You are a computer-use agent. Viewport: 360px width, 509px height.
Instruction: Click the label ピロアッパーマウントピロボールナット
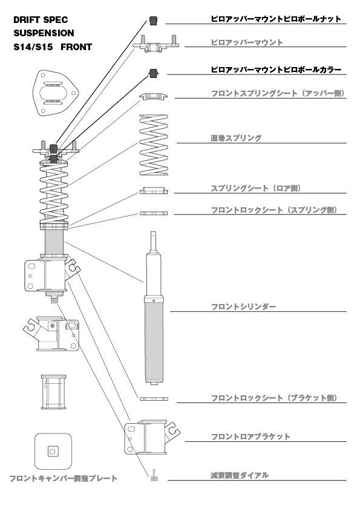[x=276, y=19]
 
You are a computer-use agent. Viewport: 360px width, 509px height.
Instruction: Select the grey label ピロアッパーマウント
[x=247, y=42]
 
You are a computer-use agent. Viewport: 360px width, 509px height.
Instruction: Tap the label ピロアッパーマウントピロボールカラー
[x=276, y=70]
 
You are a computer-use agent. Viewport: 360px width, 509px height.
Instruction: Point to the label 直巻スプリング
[x=236, y=138]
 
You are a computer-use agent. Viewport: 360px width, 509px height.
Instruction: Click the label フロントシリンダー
[x=243, y=306]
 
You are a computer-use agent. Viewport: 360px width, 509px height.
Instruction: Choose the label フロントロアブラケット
[x=250, y=436]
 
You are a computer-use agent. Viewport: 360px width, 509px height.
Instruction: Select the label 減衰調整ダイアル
[x=240, y=476]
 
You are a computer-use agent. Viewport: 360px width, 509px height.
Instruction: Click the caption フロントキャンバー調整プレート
[x=63, y=478]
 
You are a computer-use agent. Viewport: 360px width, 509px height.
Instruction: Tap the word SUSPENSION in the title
[x=44, y=33]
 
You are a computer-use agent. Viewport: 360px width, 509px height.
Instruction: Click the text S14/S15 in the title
[x=33, y=47]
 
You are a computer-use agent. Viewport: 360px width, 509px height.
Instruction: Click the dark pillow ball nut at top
[x=153, y=21]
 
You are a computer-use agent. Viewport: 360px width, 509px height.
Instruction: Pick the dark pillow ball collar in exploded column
[x=153, y=73]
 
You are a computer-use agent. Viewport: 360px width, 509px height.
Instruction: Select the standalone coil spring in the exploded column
[x=154, y=144]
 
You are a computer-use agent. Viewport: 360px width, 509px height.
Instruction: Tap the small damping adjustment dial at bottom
[x=154, y=475]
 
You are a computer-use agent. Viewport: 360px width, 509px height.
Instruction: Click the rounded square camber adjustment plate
[x=53, y=451]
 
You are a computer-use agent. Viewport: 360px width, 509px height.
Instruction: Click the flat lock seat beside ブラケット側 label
[x=154, y=398]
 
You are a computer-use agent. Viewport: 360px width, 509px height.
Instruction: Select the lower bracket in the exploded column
[x=152, y=437]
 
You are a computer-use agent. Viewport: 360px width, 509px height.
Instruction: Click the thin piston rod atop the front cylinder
[x=153, y=242]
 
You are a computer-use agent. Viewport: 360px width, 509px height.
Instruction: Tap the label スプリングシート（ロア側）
[x=256, y=188]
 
